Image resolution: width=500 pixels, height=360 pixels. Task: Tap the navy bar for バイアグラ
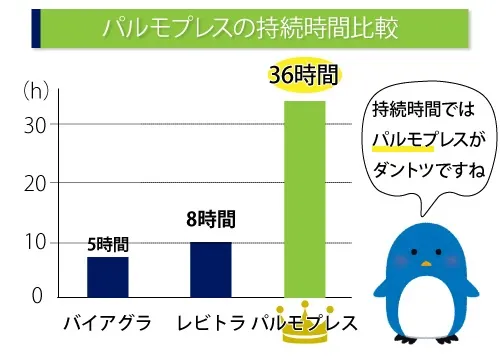(x=107, y=276)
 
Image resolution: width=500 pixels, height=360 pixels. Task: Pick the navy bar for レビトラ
(x=210, y=269)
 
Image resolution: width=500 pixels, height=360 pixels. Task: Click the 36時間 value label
(x=304, y=75)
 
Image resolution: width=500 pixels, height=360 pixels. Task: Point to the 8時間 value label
(x=210, y=220)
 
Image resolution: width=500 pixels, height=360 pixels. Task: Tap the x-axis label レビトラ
(x=210, y=324)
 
